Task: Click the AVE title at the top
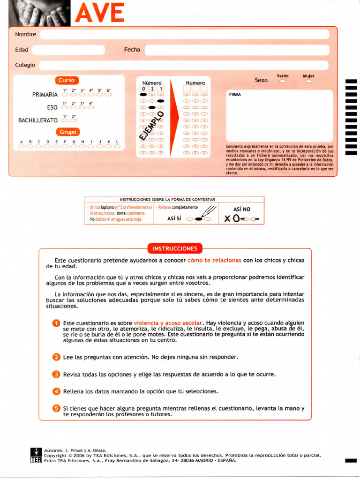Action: click(99, 13)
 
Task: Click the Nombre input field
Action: click(184, 34)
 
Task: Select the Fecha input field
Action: click(237, 50)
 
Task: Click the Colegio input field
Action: click(183, 65)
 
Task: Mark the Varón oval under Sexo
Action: click(283, 82)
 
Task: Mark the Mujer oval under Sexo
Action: click(308, 82)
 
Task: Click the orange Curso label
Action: click(67, 80)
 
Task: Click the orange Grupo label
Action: click(67, 132)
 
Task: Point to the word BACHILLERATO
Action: click(38, 120)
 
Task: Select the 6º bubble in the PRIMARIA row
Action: click(108, 95)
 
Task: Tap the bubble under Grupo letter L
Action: click(117, 146)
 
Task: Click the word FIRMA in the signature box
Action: click(235, 95)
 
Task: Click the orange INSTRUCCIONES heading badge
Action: click(175, 248)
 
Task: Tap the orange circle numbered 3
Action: click(56, 374)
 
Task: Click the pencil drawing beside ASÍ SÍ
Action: click(209, 212)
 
